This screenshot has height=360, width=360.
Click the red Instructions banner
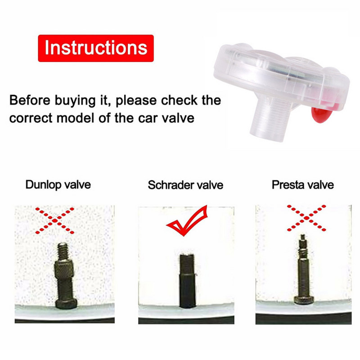(96, 48)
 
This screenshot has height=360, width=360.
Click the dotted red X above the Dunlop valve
(54, 220)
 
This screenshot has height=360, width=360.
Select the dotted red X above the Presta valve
(306, 218)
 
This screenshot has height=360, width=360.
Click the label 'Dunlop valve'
(58, 184)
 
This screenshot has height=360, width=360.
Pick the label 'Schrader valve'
(185, 185)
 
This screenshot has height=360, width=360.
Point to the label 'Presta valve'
(303, 184)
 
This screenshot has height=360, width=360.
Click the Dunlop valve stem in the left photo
(65, 275)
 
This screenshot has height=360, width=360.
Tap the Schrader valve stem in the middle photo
(187, 280)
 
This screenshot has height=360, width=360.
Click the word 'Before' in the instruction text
(30, 100)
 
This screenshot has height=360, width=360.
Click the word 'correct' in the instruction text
(31, 118)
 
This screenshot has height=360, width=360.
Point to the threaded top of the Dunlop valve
(63, 251)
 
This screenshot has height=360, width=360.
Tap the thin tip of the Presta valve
(303, 238)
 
